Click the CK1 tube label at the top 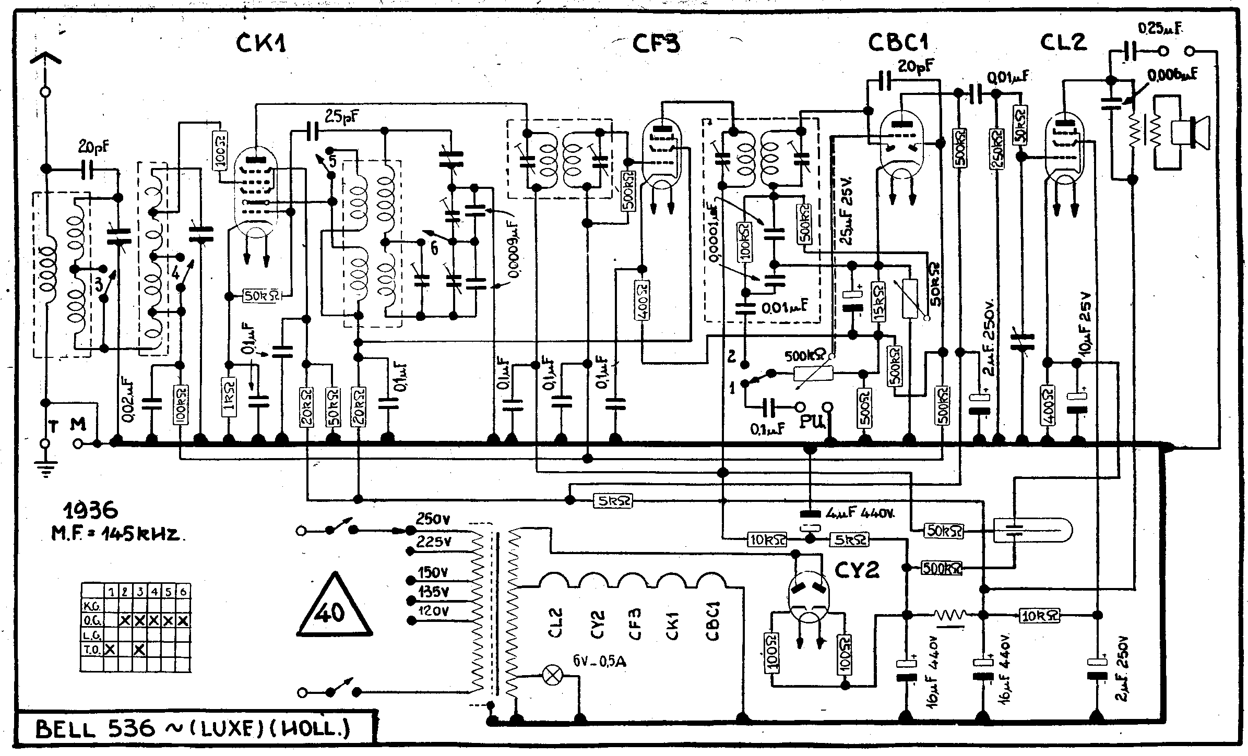[x=262, y=43]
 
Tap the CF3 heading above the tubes [x=657, y=43]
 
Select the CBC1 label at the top [x=898, y=43]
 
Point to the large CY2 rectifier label [x=857, y=571]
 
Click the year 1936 [x=90, y=511]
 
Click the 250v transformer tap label [x=433, y=520]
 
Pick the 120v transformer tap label [x=433, y=611]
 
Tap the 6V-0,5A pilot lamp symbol [x=551, y=676]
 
